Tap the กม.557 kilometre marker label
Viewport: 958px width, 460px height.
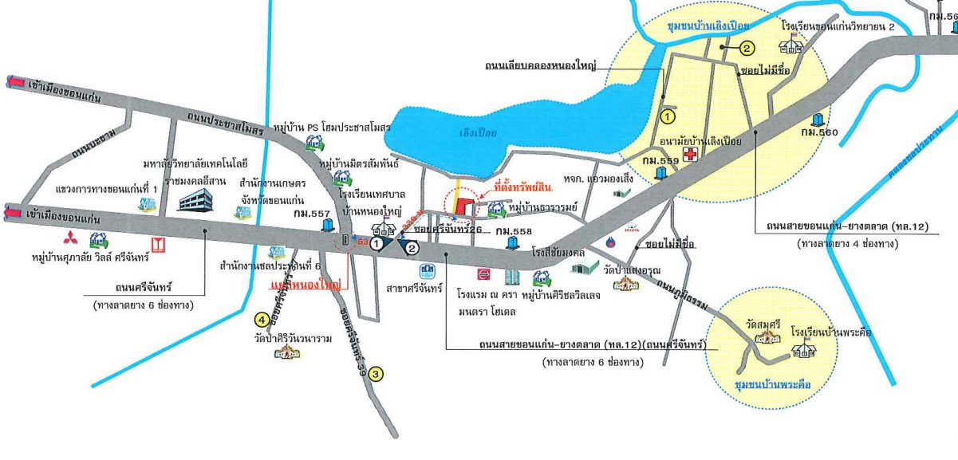pos(311,214)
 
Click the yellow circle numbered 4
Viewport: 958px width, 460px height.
pos(261,320)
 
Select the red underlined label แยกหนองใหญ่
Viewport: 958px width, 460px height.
pos(306,285)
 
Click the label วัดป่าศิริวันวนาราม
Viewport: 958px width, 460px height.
pos(293,338)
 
